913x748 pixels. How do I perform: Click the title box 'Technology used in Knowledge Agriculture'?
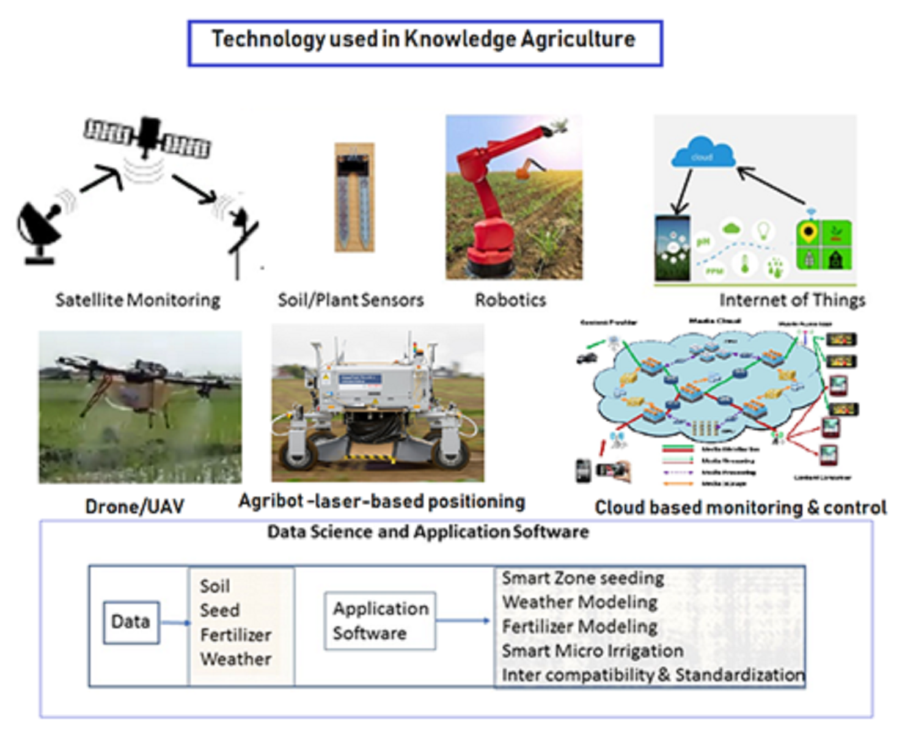(x=424, y=42)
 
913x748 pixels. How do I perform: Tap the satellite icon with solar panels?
(x=147, y=136)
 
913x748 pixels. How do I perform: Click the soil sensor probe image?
(x=354, y=197)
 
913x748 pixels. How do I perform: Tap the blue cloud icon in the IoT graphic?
(x=702, y=154)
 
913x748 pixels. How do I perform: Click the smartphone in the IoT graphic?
(x=672, y=248)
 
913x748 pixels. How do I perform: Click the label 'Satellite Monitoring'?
(x=137, y=300)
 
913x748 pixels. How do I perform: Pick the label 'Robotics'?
(x=510, y=300)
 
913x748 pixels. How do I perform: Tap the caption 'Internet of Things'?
(x=792, y=300)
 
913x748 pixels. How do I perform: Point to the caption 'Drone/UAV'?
(x=134, y=507)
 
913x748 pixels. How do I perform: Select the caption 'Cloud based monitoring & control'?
(x=740, y=508)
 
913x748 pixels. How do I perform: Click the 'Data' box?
(x=131, y=622)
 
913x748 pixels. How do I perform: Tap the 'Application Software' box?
(x=380, y=621)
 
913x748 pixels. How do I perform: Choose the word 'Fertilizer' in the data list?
(x=235, y=635)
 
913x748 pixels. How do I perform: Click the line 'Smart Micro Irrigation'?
(x=592, y=651)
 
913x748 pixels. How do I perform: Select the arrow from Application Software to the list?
(x=463, y=621)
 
